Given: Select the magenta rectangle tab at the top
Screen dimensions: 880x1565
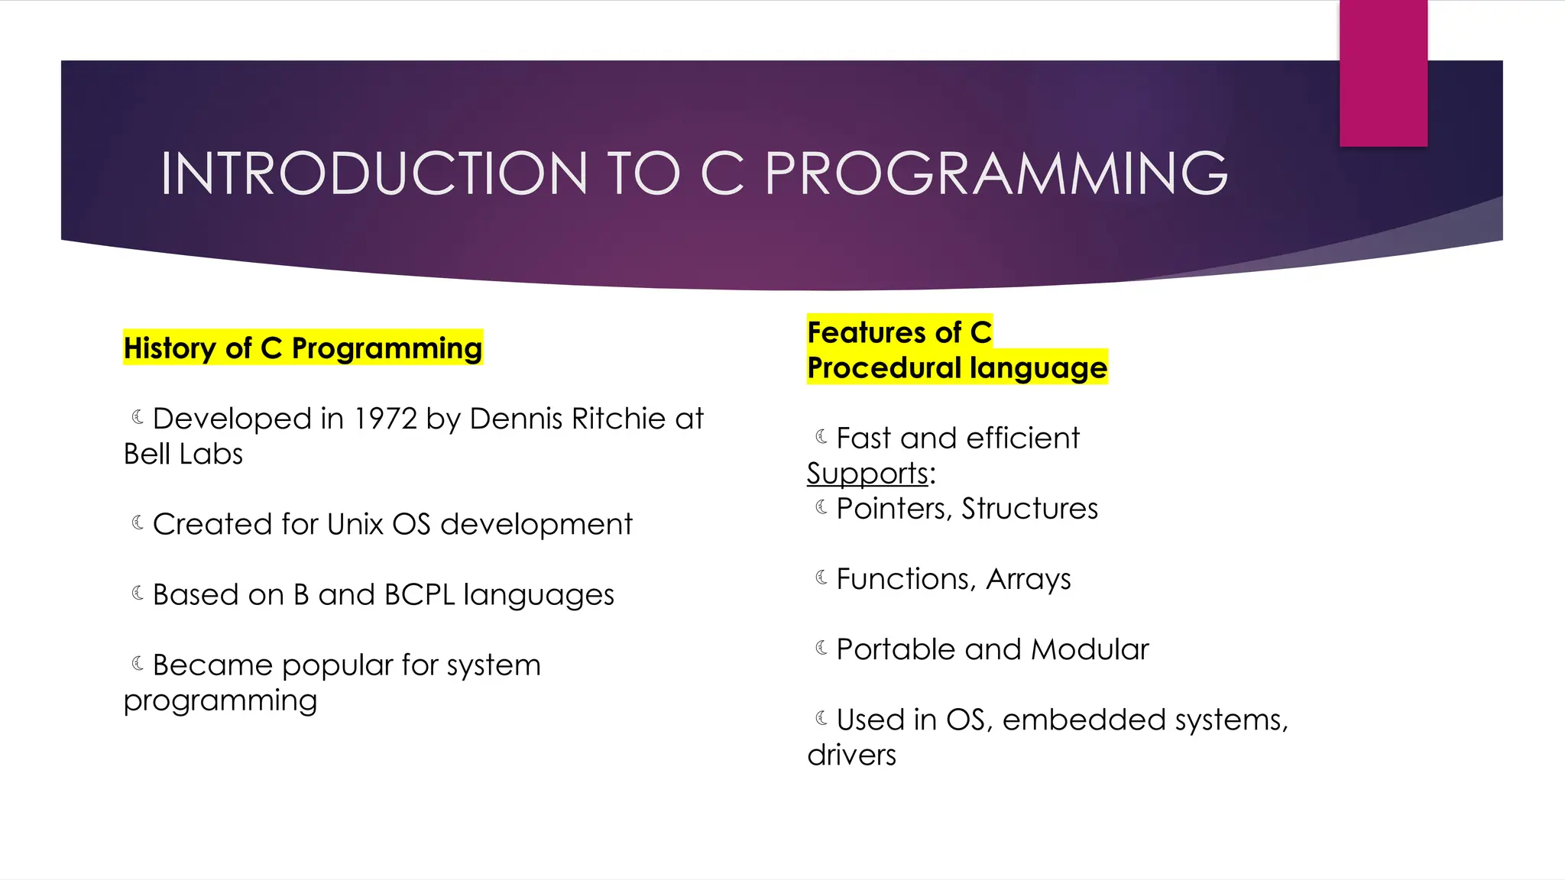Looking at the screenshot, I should coord(1383,73).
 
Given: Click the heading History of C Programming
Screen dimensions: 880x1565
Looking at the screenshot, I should coord(303,348).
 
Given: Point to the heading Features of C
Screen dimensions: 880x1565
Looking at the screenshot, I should coord(899,332).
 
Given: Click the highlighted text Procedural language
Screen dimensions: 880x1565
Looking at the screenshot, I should coord(957,368).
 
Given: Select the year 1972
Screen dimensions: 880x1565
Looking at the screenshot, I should coord(385,419).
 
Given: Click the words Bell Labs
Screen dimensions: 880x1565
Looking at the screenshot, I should coord(183,455).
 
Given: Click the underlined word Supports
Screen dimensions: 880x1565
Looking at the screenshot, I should coord(867,474).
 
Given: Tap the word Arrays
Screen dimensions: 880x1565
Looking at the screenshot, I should coord(1028,579).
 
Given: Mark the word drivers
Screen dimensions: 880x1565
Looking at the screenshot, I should coord(851,755).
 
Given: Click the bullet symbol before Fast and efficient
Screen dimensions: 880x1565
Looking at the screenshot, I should coord(821,437).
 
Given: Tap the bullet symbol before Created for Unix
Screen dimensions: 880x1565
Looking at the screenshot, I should coord(138,522).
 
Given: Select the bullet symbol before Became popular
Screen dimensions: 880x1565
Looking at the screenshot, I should coord(138,664).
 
